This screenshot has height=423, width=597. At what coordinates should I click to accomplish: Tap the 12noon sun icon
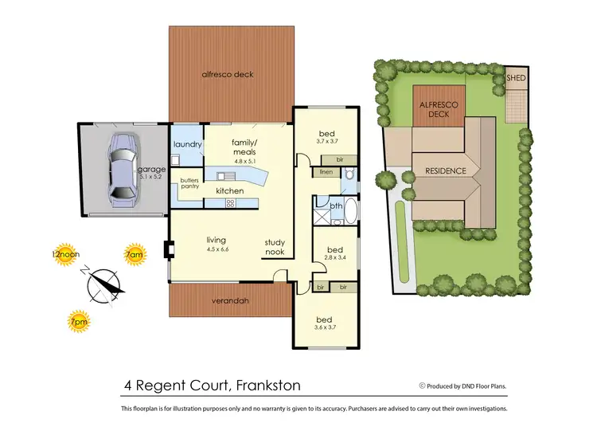point(66,257)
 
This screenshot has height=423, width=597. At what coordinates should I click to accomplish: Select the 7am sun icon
point(135,256)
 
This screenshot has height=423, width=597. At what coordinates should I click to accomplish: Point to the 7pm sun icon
point(79,319)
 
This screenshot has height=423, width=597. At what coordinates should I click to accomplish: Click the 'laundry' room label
point(187,144)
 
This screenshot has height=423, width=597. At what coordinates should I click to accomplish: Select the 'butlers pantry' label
point(189,183)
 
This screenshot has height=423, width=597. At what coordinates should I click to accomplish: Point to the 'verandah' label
point(229,301)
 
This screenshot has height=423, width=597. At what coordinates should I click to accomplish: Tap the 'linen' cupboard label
point(326,172)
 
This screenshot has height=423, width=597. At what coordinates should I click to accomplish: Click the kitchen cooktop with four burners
point(231,203)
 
